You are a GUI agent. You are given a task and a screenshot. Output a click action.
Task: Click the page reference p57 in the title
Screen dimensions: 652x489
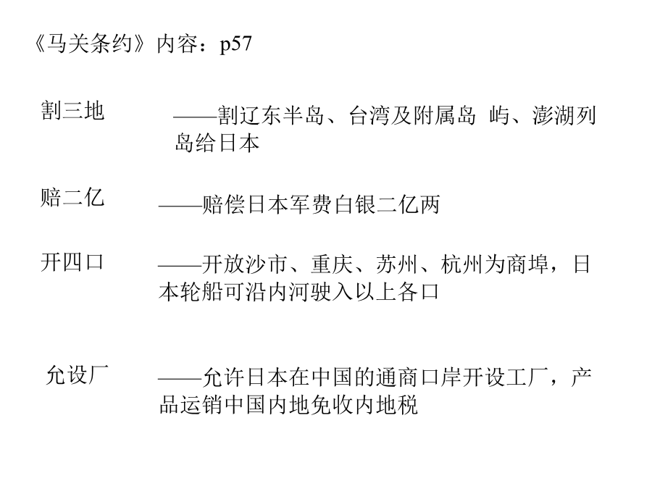click(235, 44)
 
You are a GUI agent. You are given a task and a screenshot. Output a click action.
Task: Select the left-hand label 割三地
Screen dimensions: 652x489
click(72, 111)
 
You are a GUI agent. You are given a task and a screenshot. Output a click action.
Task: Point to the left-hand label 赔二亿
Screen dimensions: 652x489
click(72, 197)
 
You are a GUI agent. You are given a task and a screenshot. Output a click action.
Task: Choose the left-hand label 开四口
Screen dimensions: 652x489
click(72, 262)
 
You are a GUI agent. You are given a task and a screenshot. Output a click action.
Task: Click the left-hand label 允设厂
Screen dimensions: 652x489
click(78, 375)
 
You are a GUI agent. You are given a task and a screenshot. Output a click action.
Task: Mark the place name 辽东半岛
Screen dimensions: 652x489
click(283, 116)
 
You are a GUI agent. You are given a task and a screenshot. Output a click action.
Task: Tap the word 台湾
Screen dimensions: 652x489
click(370, 116)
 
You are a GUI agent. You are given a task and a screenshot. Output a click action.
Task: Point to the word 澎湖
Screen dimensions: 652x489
click(553, 116)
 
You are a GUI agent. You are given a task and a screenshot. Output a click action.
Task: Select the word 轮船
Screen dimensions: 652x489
click(201, 292)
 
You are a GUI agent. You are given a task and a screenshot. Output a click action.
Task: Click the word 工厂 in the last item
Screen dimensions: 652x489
click(527, 377)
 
